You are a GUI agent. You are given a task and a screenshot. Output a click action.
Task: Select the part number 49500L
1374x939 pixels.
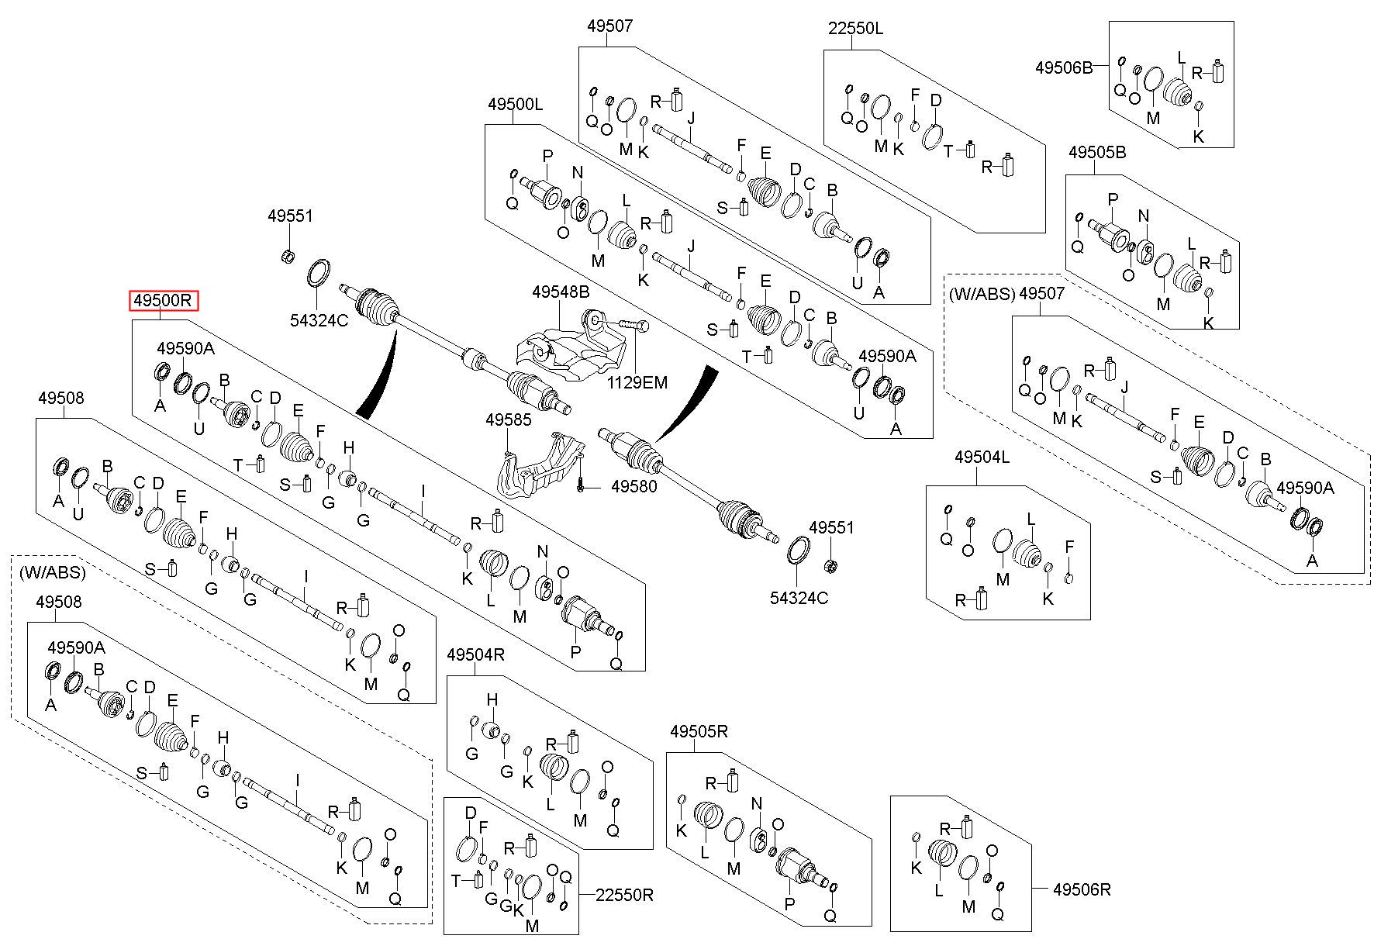516,104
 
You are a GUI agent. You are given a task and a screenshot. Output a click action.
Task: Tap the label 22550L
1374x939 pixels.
855,29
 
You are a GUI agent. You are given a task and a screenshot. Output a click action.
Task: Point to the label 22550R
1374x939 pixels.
625,895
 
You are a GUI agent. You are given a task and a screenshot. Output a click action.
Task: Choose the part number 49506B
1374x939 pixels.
1064,67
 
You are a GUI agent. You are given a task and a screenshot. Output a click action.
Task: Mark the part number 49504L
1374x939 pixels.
982,457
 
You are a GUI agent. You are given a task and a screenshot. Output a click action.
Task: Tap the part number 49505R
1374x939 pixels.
699,731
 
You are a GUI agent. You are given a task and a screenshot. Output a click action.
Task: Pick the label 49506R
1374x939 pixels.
1082,890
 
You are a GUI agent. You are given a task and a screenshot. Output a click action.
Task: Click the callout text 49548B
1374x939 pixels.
561,292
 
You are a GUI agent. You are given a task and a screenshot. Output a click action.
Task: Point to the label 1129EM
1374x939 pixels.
637,382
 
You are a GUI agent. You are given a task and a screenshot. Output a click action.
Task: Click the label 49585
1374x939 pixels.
509,420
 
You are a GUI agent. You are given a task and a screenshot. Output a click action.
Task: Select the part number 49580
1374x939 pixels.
634,487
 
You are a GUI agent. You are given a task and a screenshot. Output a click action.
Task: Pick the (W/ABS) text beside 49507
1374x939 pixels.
980,294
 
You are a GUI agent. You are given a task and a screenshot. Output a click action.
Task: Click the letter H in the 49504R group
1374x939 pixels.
492,701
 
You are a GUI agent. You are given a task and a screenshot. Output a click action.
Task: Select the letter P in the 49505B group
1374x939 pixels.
1113,199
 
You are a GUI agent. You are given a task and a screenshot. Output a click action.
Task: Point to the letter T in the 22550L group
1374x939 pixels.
948,152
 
